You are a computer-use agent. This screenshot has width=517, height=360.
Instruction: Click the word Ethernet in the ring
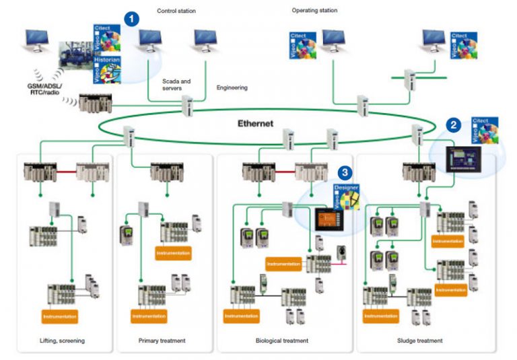point(256,124)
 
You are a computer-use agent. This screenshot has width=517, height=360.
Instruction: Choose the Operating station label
point(314,11)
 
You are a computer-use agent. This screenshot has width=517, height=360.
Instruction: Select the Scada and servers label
point(176,85)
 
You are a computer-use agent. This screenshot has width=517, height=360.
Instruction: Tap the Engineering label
point(232,87)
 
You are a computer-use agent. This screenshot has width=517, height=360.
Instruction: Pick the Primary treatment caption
point(162,340)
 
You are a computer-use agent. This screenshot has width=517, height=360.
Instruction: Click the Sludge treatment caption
point(420,340)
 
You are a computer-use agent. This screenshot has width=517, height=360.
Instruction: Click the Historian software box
point(106,69)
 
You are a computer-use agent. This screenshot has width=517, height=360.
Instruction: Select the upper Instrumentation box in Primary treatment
point(173,254)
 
